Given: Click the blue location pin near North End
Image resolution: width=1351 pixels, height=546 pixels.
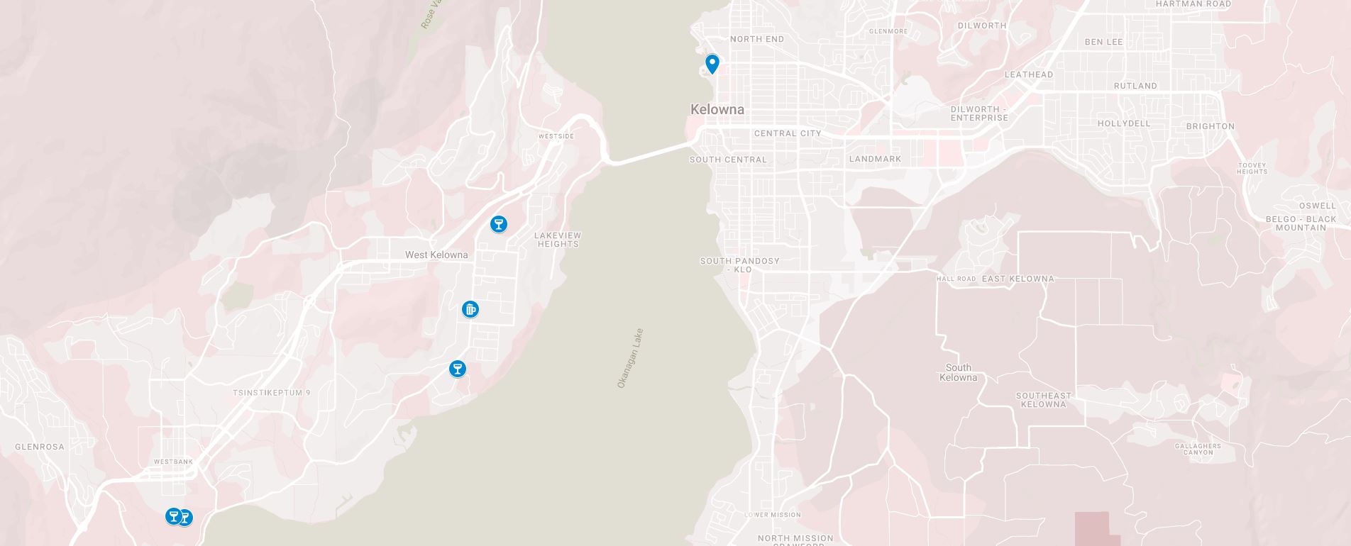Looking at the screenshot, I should click(712, 64).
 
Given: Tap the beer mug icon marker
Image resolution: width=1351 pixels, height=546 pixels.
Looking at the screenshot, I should click(470, 309).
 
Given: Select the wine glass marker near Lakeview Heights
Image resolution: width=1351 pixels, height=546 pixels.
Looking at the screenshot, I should click(499, 224).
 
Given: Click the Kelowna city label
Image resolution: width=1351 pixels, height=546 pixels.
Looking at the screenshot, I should click(717, 109).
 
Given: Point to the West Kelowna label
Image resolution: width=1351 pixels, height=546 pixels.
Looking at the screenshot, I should click(436, 255).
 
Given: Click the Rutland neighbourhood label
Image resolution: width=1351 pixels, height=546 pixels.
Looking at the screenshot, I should click(1135, 86).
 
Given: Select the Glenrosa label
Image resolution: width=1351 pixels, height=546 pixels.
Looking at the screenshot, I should click(40, 447).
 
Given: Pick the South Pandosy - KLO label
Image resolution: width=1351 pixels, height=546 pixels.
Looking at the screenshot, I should click(740, 265).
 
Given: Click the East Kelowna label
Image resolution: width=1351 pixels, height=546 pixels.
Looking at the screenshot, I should click(1018, 279).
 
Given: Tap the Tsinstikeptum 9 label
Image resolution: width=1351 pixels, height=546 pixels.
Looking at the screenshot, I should click(272, 392).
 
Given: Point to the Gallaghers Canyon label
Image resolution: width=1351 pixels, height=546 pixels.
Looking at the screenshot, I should click(1198, 449).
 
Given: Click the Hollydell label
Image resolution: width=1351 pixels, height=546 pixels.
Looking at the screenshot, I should click(1124, 123).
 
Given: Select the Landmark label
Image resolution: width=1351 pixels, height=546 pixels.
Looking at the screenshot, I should click(875, 159).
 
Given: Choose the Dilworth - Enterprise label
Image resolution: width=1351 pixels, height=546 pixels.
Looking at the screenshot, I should click(979, 113).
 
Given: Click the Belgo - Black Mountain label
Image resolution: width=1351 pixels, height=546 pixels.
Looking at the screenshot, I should click(1301, 223).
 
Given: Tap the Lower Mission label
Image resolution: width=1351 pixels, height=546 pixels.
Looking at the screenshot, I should click(772, 515).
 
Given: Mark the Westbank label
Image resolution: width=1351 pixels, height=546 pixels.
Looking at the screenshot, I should click(173, 462).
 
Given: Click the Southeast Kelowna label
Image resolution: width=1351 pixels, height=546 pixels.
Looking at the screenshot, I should click(1043, 400).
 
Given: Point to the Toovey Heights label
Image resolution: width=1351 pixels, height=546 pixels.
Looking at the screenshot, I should click(1252, 168).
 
